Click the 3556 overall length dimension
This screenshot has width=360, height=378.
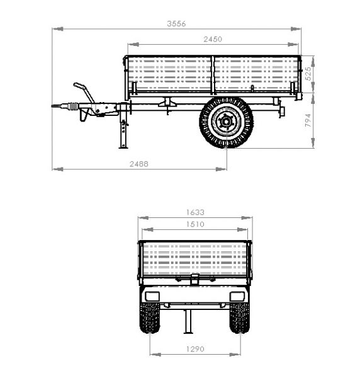coord(176,24)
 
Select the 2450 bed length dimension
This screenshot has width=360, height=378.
coord(213,39)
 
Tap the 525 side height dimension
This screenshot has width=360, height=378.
coord(308,74)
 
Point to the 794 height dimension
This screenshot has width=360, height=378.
coord(308,120)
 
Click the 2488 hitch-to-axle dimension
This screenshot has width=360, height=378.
coord(139,164)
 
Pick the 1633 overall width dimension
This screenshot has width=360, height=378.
coord(195,212)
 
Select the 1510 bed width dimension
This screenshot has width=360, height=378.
coord(195,224)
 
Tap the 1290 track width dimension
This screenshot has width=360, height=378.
coord(195,349)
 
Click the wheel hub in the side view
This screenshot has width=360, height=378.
coord(226,122)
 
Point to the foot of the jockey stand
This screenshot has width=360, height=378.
coord(123,147)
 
